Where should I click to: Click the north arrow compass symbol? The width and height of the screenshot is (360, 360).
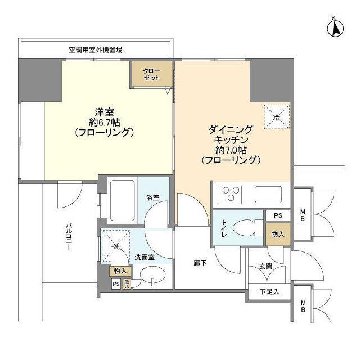click(335, 28)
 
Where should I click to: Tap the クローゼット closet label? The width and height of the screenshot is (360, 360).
click(151, 74)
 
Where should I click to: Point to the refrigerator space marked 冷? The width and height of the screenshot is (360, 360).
click(277, 116)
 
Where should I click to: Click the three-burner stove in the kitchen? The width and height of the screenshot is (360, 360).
click(231, 195)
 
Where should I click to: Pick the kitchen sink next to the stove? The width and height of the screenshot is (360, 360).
click(268, 195)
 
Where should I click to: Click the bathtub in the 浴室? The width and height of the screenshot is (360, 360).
click(122, 201)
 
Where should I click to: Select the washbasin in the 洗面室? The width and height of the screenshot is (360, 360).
click(153, 274)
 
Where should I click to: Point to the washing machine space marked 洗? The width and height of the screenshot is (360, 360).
click(116, 246)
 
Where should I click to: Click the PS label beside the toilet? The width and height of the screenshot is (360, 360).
click(278, 215)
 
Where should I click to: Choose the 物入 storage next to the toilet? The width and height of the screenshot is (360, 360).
click(278, 234)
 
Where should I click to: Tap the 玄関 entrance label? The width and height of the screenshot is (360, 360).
click(266, 266)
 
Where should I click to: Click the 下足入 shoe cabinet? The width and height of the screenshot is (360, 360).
click(269, 291)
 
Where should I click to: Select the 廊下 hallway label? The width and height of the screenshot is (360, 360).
click(200, 263)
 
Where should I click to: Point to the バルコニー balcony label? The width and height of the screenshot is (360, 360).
click(68, 236)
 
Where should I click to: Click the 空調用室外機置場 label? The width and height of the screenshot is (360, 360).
click(96, 49)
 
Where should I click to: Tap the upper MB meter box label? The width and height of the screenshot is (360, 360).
click(303, 215)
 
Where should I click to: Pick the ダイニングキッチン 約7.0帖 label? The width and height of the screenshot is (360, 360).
click(231, 145)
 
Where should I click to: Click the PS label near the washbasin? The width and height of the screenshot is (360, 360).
click(116, 284)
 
